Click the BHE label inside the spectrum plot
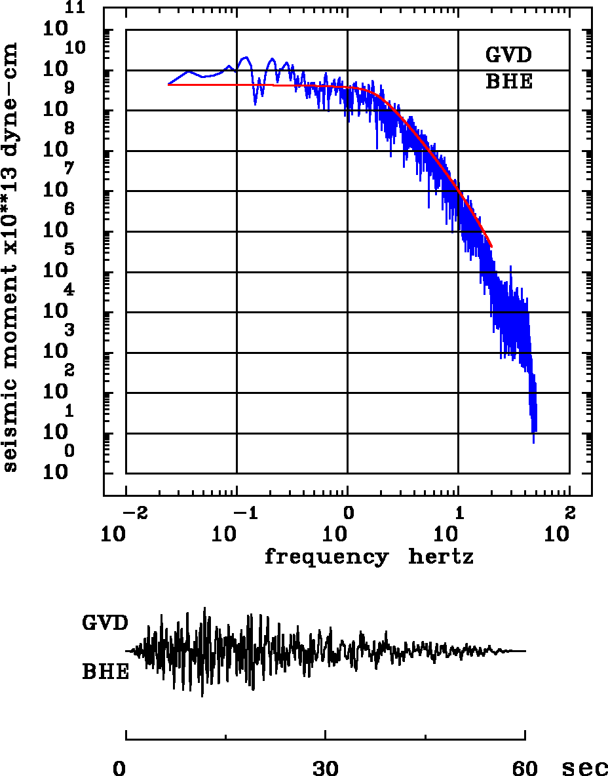coord(508,82)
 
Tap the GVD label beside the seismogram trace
coord(105,622)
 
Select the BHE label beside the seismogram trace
coord(105,672)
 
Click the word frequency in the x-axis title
coord(326,558)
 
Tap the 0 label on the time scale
coord(119,768)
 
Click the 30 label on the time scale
coord(326,768)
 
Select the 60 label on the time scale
coord(525,768)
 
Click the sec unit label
coord(585,768)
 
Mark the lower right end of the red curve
coord(491,246)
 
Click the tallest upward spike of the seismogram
coord(204,609)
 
